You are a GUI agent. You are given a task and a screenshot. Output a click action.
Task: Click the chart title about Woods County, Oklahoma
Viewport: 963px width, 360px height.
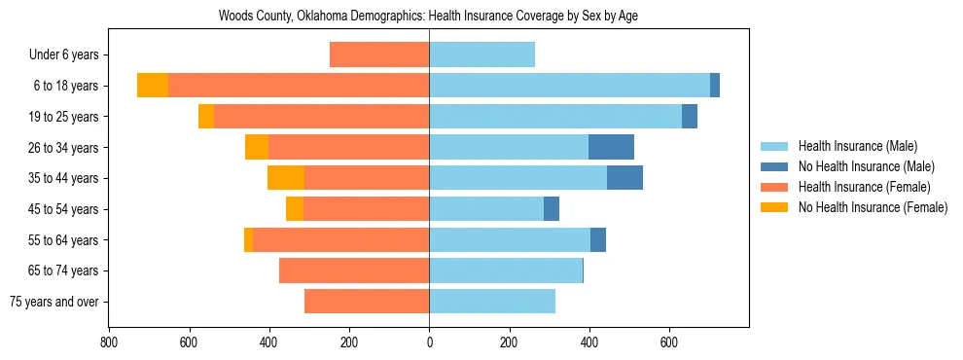428,17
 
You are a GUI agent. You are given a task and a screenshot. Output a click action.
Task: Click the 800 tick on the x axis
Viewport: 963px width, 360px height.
109,342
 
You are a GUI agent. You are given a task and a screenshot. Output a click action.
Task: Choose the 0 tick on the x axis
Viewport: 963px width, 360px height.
429,342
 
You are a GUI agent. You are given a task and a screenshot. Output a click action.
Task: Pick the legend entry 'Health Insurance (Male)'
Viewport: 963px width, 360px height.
857,146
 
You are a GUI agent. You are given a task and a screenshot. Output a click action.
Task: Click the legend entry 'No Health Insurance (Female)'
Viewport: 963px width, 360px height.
872,207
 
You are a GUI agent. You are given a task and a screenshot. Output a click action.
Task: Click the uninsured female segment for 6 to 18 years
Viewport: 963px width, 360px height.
153,86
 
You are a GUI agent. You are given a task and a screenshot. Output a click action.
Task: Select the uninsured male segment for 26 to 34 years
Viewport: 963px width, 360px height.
611,147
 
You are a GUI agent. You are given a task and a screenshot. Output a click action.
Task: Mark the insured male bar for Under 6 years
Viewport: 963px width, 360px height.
481,54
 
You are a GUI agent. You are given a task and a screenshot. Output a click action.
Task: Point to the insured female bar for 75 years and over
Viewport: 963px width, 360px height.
367,302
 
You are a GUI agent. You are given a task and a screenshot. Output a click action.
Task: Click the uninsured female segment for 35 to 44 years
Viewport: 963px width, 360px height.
286,178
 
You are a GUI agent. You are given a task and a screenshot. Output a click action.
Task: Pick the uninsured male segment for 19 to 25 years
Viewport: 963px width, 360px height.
690,117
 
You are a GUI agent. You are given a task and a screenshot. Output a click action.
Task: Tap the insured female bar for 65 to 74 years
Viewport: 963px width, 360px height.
354,270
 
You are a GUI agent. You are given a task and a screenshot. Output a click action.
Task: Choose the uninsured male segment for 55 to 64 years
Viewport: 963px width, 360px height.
598,239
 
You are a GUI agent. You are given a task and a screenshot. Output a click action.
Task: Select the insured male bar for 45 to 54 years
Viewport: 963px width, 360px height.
486,209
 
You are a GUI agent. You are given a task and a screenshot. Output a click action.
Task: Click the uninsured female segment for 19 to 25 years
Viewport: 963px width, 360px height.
206,117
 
